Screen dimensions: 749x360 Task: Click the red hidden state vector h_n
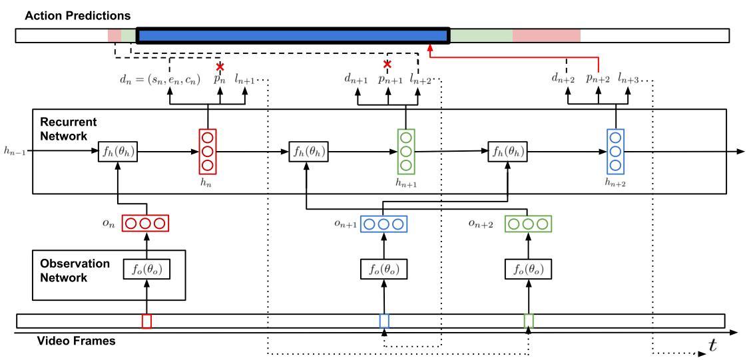coord(207,151)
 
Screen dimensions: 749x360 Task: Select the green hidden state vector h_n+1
coord(406,151)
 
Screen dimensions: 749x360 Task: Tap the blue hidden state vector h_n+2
coord(615,151)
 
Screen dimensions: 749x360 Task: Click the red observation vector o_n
coord(146,224)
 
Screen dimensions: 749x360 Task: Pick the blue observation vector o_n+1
coord(383,224)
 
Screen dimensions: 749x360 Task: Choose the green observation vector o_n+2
coord(528,224)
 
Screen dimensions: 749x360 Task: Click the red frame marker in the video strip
coord(146,321)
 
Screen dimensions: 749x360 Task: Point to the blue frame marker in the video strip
coord(384,320)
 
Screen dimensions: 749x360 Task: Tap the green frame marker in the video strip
coord(529,320)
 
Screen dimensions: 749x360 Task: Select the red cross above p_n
coord(220,67)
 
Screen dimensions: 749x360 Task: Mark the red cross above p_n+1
coord(387,64)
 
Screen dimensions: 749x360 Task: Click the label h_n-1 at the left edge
coord(13,152)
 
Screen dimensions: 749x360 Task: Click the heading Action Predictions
coord(77,15)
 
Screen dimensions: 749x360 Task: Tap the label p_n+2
coord(598,79)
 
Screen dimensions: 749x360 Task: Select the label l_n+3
coord(628,79)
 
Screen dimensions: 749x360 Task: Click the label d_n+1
coord(356,79)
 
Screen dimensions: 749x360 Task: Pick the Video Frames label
coord(77,341)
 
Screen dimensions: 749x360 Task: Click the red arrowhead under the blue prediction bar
coord(430,48)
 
